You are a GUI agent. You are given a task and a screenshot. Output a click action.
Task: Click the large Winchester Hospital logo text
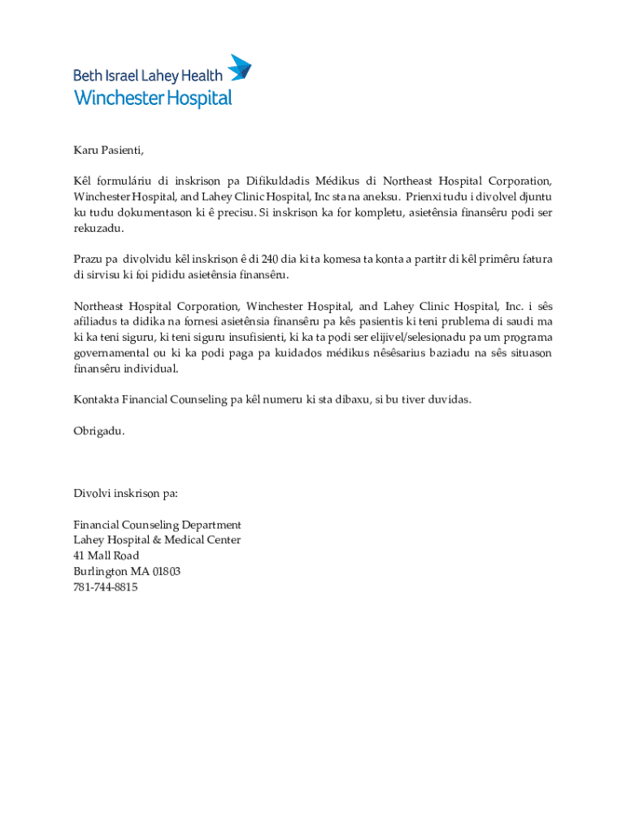(153, 98)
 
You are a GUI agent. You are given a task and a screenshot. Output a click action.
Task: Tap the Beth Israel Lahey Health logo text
(147, 76)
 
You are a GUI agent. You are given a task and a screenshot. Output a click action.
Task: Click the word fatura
(536, 259)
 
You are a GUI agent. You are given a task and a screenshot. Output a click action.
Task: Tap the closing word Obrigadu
(98, 430)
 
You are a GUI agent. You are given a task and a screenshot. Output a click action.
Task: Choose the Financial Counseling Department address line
(157, 525)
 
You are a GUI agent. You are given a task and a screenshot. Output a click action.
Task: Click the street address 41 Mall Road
(106, 556)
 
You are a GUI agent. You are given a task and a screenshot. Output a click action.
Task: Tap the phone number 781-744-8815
(105, 587)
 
